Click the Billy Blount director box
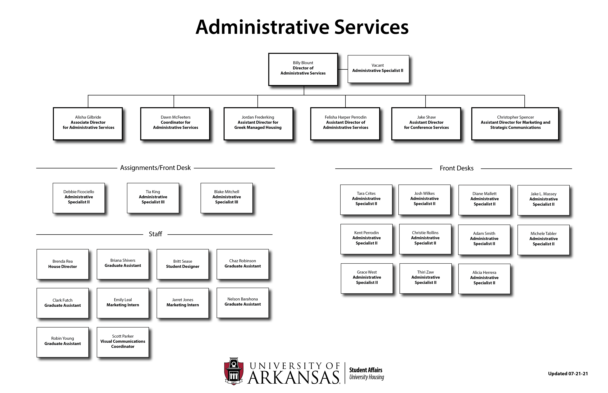[x=303, y=69]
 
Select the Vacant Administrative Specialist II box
[x=378, y=69]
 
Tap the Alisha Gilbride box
[x=88, y=124]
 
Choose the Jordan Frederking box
[x=258, y=124]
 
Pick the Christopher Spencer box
[x=515, y=124]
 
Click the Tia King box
[x=153, y=198]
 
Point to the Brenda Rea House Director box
[x=63, y=264]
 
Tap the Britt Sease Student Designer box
[x=183, y=264]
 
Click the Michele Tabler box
[x=544, y=240]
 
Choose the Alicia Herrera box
[x=484, y=279]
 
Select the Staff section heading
[x=155, y=234]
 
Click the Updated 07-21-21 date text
[x=568, y=374]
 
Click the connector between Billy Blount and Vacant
[x=343, y=69]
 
